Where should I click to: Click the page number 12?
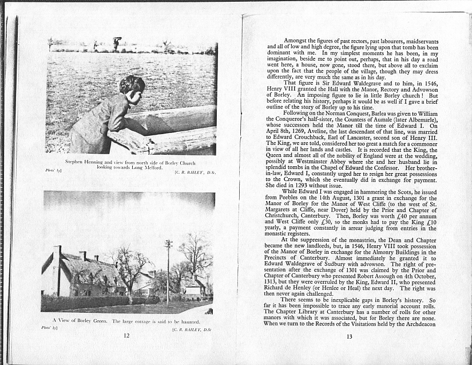point(126,336)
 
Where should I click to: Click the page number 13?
point(350,336)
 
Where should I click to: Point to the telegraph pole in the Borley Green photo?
point(168,269)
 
